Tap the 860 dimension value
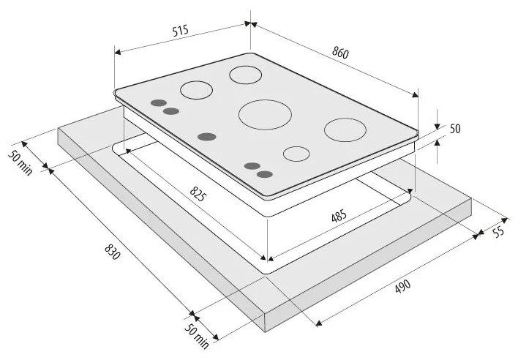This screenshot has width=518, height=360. (340, 53)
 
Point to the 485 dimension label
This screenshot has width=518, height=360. (338, 217)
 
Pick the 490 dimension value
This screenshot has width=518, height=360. (402, 287)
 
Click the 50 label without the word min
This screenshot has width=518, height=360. (454, 129)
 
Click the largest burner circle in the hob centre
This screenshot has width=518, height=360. (265, 114)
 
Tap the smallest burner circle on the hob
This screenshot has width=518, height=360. (296, 154)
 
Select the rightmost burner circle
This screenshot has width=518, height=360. (345, 130)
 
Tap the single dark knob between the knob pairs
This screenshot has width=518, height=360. (207, 135)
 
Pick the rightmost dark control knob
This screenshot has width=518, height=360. (265, 173)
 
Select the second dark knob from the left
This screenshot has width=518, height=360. (171, 111)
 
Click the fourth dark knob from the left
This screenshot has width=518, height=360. (252, 166)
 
